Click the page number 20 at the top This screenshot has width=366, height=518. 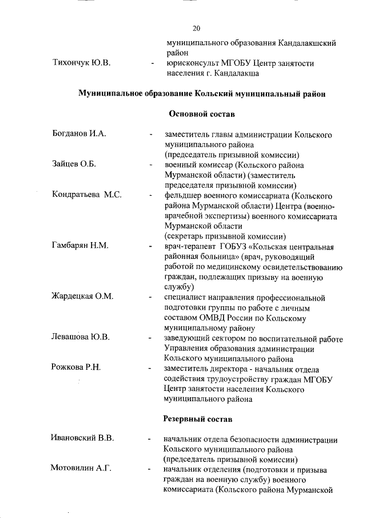[x=197, y=28]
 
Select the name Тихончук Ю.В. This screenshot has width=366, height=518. [x=81, y=62]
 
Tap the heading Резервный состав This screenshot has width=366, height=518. [x=197, y=420]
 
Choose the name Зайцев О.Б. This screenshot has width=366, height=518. [x=73, y=165]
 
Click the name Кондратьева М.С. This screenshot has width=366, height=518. [x=86, y=195]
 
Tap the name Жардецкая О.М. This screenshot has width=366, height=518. [x=83, y=297]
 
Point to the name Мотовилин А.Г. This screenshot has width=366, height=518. [x=81, y=470]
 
